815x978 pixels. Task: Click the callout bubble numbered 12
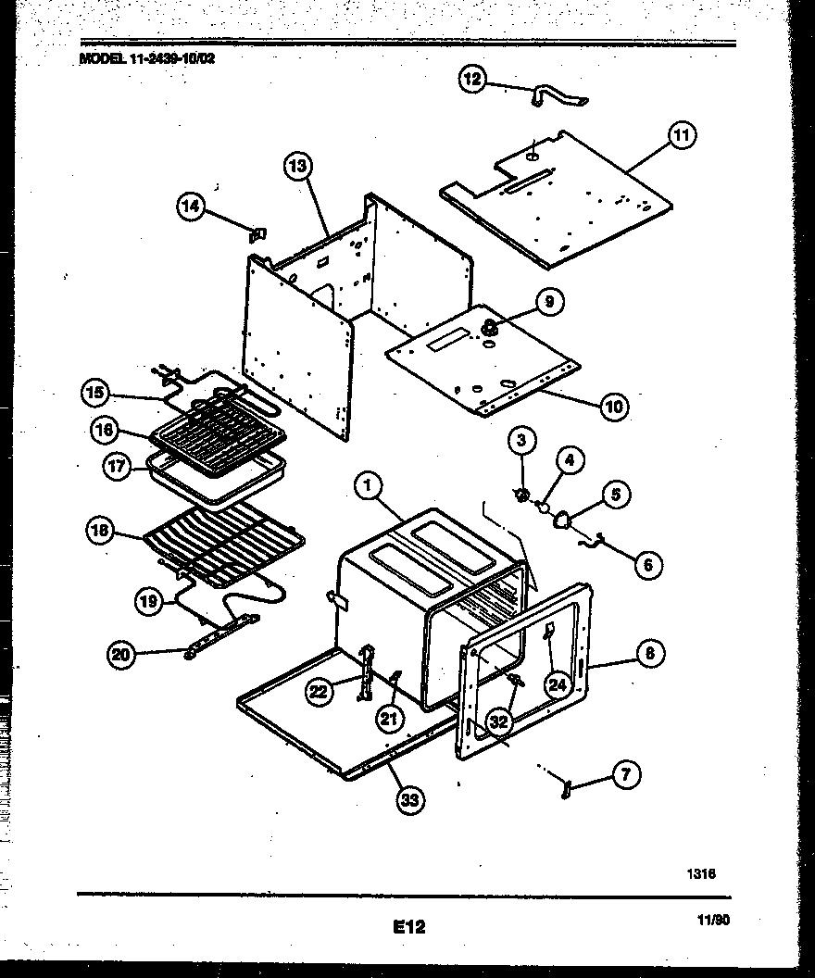(473, 80)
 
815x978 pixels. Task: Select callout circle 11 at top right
(681, 136)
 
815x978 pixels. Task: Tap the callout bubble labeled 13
(296, 168)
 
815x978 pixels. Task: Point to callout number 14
(190, 207)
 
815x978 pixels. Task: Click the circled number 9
(549, 301)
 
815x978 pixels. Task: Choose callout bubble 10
(613, 406)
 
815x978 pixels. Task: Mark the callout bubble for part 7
(626, 775)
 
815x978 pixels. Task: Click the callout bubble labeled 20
(120, 656)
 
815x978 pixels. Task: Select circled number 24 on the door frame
(556, 684)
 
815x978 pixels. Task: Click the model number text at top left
(149, 56)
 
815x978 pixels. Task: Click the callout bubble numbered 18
(99, 532)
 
